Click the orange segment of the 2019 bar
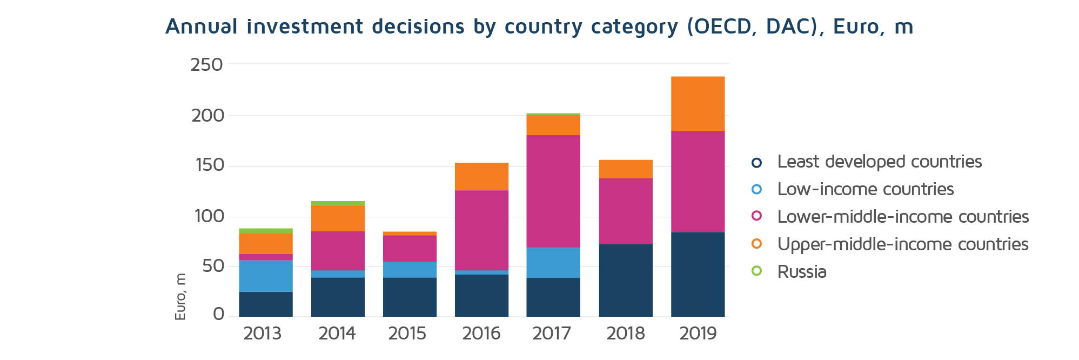click(x=698, y=104)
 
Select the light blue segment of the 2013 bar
click(x=266, y=276)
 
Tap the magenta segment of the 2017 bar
click(x=553, y=191)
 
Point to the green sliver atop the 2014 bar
click(x=338, y=203)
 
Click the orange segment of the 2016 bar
click(x=481, y=176)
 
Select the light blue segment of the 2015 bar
click(x=410, y=270)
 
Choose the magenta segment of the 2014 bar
click(x=338, y=251)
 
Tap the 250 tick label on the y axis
click(x=206, y=65)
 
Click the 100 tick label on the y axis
click(x=209, y=216)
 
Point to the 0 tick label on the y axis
click(x=218, y=314)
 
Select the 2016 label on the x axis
click(x=481, y=334)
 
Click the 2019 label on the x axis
click(x=698, y=334)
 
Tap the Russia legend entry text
click(x=802, y=271)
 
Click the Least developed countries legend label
click(x=879, y=162)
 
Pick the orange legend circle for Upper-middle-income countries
click(x=756, y=244)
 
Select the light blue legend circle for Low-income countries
click(x=756, y=189)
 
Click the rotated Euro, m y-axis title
click(x=180, y=296)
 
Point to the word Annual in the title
click(x=201, y=26)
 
